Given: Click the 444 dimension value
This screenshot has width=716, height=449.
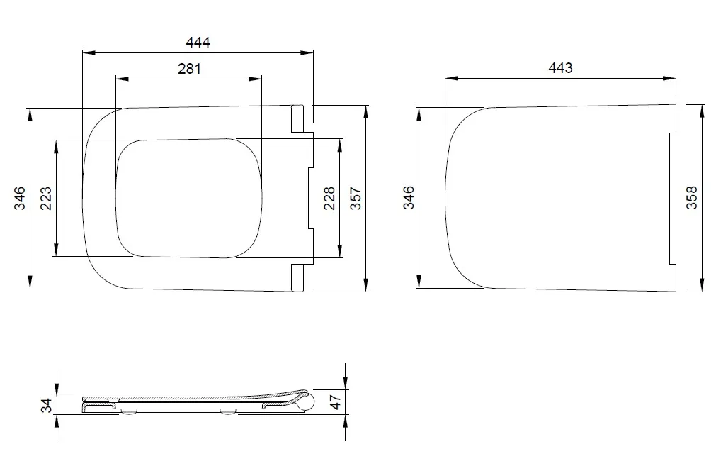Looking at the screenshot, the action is pyautogui.click(x=198, y=42).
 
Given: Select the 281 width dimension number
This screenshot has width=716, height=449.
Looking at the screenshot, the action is pyautogui.click(x=189, y=69).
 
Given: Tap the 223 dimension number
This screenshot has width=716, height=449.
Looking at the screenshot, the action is pyautogui.click(x=46, y=198).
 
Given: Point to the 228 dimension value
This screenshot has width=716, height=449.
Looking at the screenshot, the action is pyautogui.click(x=329, y=198).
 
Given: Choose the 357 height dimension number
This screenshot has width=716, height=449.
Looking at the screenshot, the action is pyautogui.click(x=356, y=198).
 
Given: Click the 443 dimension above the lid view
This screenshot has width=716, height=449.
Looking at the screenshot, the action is pyautogui.click(x=560, y=67).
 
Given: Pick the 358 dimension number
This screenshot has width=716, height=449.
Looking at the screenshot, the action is pyautogui.click(x=692, y=197).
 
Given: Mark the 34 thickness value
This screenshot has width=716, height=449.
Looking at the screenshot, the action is pyautogui.click(x=47, y=405).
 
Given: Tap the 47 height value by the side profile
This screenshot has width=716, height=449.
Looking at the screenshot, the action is pyautogui.click(x=335, y=402).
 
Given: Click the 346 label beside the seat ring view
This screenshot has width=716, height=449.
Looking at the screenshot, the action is pyautogui.click(x=20, y=198).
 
